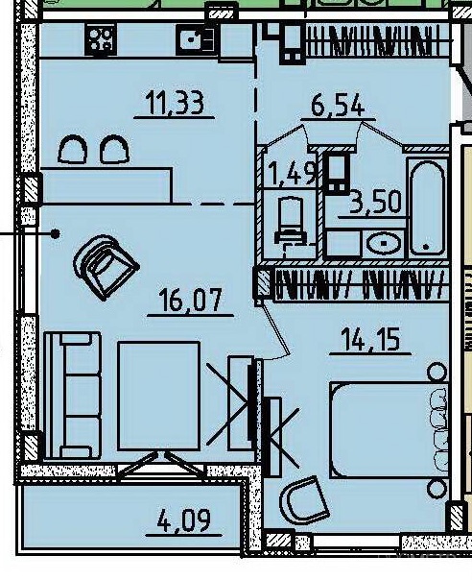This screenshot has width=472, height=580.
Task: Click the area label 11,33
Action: tap(175, 103)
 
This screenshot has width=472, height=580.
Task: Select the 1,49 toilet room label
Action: tap(294, 173)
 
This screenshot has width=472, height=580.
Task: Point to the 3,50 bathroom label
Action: tap(375, 202)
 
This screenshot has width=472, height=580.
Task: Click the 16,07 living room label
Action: tap(190, 300)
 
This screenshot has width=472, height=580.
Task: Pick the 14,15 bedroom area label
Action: tap(370, 340)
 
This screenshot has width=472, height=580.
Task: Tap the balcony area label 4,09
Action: tap(184, 520)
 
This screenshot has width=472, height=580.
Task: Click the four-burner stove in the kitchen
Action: tap(101, 39)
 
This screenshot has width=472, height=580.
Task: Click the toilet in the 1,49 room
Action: tap(292, 222)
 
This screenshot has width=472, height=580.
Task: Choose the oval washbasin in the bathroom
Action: tap(384, 243)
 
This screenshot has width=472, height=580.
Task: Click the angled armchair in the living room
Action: tap(106, 267)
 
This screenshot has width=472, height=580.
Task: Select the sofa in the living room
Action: tap(73, 395)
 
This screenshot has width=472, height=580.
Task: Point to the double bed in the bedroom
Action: tap(389, 430)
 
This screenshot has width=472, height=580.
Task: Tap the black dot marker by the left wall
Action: tap(55, 233)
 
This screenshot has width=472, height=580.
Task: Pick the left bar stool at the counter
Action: tap(73, 149)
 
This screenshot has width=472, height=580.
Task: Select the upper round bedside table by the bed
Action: tap(437, 373)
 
